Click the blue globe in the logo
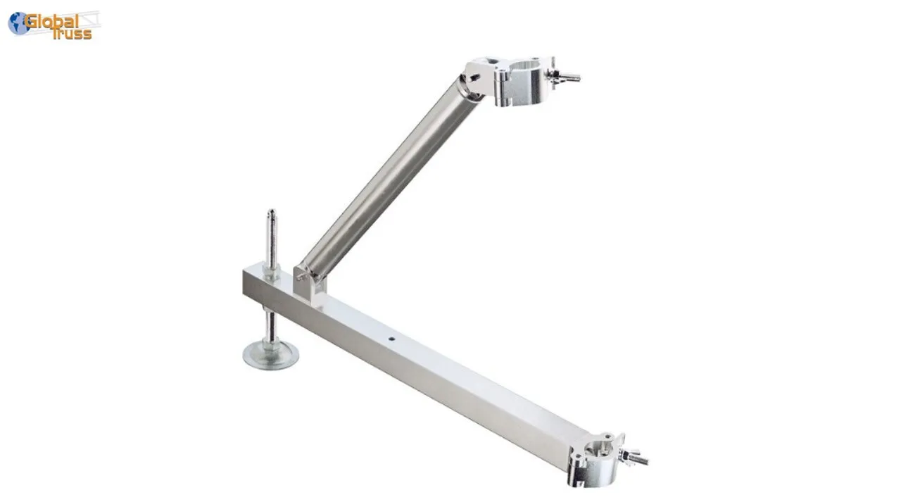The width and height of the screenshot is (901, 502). point(18,23)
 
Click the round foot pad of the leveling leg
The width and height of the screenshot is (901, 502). point(270,355)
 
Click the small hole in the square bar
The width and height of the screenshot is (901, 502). point(391,339)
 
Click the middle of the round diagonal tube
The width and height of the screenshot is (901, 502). point(391,177)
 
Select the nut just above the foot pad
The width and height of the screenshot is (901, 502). point(271,340)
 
